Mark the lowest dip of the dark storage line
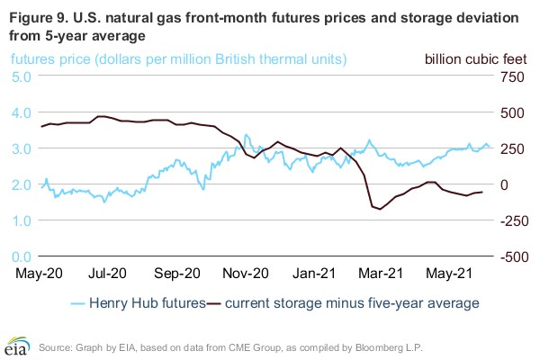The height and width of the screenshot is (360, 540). [x=380, y=210]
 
